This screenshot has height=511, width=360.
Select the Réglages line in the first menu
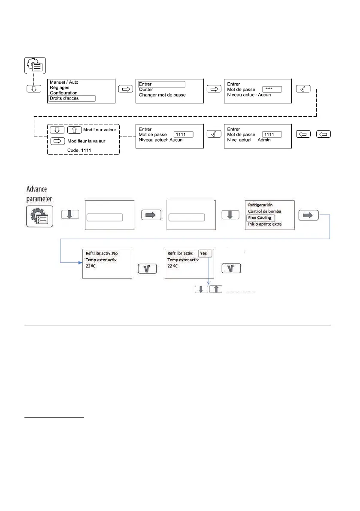coord(60,88)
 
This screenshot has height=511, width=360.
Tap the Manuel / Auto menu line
coord(64,82)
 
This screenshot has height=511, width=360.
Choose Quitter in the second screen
coord(146,90)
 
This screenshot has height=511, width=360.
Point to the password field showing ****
coord(272,89)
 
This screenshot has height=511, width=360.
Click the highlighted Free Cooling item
coord(260,218)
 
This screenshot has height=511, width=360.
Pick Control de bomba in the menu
coord(265,211)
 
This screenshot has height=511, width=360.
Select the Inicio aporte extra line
coord(265,224)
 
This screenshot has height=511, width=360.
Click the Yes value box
coord(204,253)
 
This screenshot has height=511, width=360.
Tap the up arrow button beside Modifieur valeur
coord(75,130)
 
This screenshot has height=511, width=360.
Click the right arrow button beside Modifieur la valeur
coord(57,141)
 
